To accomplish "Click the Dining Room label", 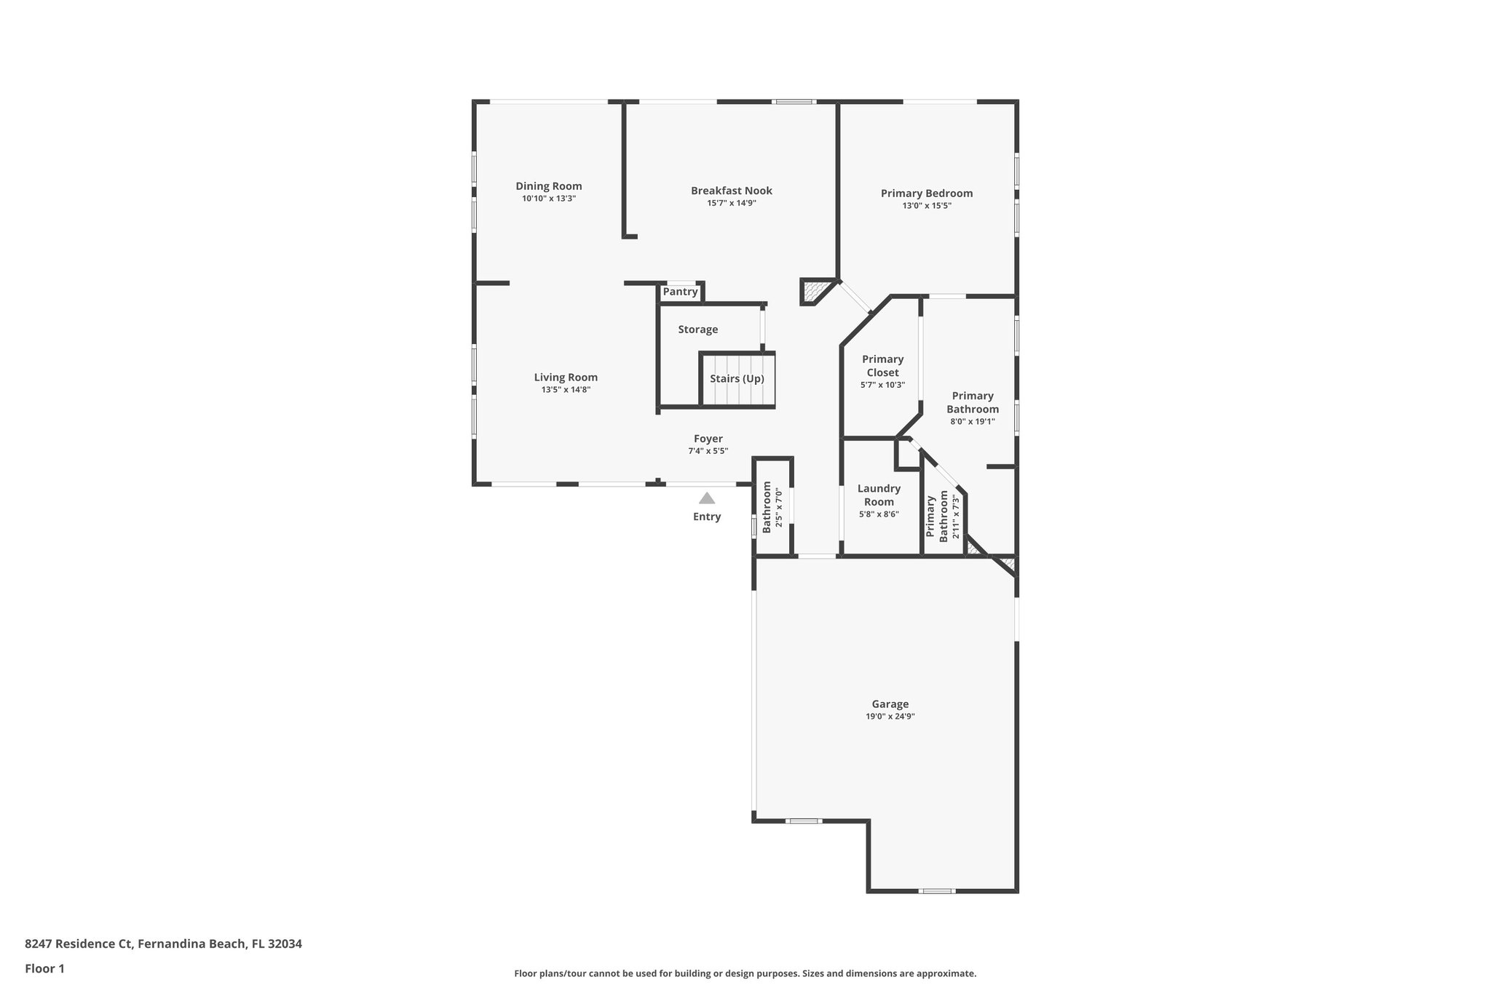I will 549,186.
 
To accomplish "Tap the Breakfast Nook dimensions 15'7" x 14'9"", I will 731,203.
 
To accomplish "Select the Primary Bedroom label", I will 926,194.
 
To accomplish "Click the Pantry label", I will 680,292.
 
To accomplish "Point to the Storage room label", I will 697,330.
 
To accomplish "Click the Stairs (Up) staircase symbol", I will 737,379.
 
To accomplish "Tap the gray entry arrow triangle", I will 706,498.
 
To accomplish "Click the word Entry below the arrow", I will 706,517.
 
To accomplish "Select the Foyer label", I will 708,439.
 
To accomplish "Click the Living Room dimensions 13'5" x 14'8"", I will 565,389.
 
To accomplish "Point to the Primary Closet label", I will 882,366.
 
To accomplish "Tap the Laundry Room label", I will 879,495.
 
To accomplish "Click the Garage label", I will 890,704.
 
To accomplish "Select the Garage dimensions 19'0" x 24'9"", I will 890,717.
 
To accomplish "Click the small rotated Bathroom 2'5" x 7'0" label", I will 772,507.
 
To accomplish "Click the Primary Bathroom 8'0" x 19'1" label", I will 973,402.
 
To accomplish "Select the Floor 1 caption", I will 44,968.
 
